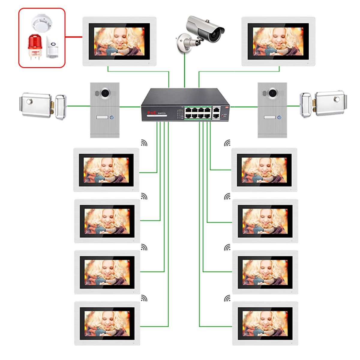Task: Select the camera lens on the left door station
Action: pyautogui.click(x=105, y=93)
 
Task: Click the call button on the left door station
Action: pyautogui.click(x=112, y=117)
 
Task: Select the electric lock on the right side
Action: pyautogui.click(x=324, y=103)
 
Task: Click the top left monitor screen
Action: pyautogui.click(x=119, y=41)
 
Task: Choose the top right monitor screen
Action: pyautogui.click(x=278, y=41)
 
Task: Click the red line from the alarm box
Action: pyautogui.click(x=74, y=37)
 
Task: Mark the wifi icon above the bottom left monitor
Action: pyautogui.click(x=144, y=298)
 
